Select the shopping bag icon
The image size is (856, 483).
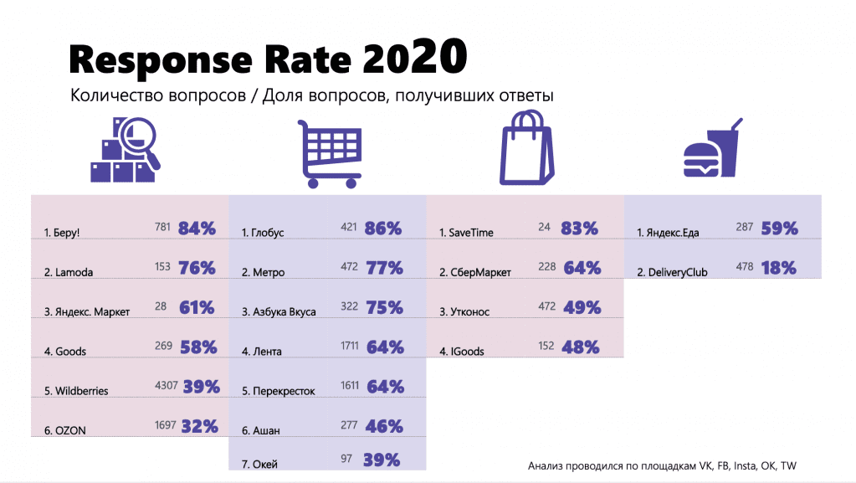click(x=526, y=151)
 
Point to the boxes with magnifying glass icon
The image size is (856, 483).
click(x=126, y=152)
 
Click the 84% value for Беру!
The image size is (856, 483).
click(x=197, y=228)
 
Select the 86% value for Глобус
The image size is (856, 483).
click(x=384, y=228)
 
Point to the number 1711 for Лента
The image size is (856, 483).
click(x=350, y=347)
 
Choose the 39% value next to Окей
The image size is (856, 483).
click(x=382, y=460)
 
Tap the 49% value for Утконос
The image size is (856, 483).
click(x=583, y=307)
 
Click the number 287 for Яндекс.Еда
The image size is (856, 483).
click(x=745, y=228)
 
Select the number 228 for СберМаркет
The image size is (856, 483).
click(x=547, y=267)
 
